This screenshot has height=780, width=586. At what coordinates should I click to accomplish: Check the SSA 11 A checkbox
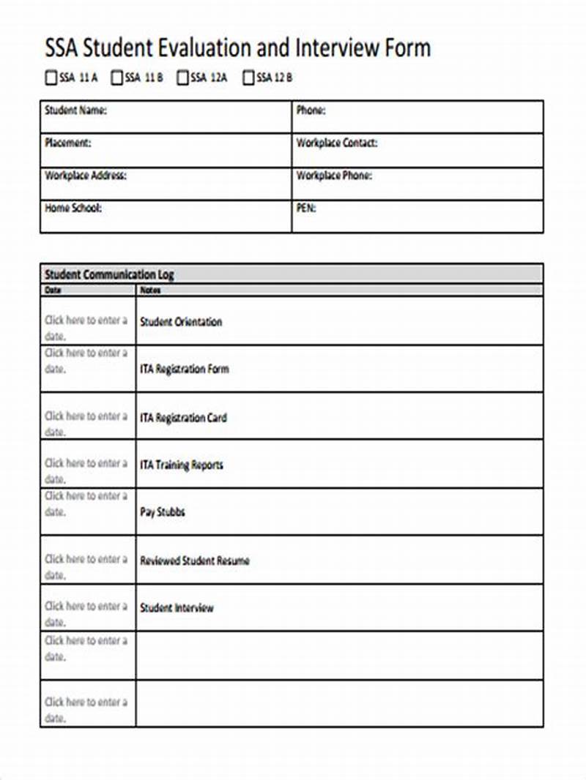(x=51, y=78)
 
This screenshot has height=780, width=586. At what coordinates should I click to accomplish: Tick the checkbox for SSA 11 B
(x=116, y=78)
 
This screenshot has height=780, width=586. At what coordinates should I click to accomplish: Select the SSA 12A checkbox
(x=182, y=78)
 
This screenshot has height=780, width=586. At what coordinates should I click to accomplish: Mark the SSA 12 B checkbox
(x=248, y=78)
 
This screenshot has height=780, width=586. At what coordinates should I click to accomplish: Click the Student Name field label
(x=75, y=111)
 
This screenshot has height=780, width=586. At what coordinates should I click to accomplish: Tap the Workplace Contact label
(x=336, y=143)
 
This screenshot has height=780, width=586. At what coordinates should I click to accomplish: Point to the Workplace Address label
(x=86, y=176)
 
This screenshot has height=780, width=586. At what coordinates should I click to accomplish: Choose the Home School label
(x=73, y=208)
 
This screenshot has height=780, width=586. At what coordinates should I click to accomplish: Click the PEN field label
(x=306, y=208)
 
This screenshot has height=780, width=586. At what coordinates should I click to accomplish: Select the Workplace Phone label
(x=333, y=176)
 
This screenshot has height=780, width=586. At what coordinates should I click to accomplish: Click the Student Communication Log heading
(x=109, y=275)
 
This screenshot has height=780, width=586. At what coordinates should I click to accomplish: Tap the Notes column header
(x=149, y=290)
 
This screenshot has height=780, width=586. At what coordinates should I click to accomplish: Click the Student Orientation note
(x=180, y=322)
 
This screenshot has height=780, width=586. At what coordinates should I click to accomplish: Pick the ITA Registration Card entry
(x=183, y=418)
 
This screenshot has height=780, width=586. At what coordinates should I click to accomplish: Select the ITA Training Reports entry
(x=181, y=465)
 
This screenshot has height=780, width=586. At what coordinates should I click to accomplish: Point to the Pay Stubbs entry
(x=162, y=512)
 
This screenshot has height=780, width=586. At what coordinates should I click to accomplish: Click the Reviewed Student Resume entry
(x=194, y=560)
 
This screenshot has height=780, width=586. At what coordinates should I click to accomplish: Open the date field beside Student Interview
(x=86, y=613)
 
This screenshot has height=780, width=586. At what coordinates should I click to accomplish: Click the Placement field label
(x=67, y=143)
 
